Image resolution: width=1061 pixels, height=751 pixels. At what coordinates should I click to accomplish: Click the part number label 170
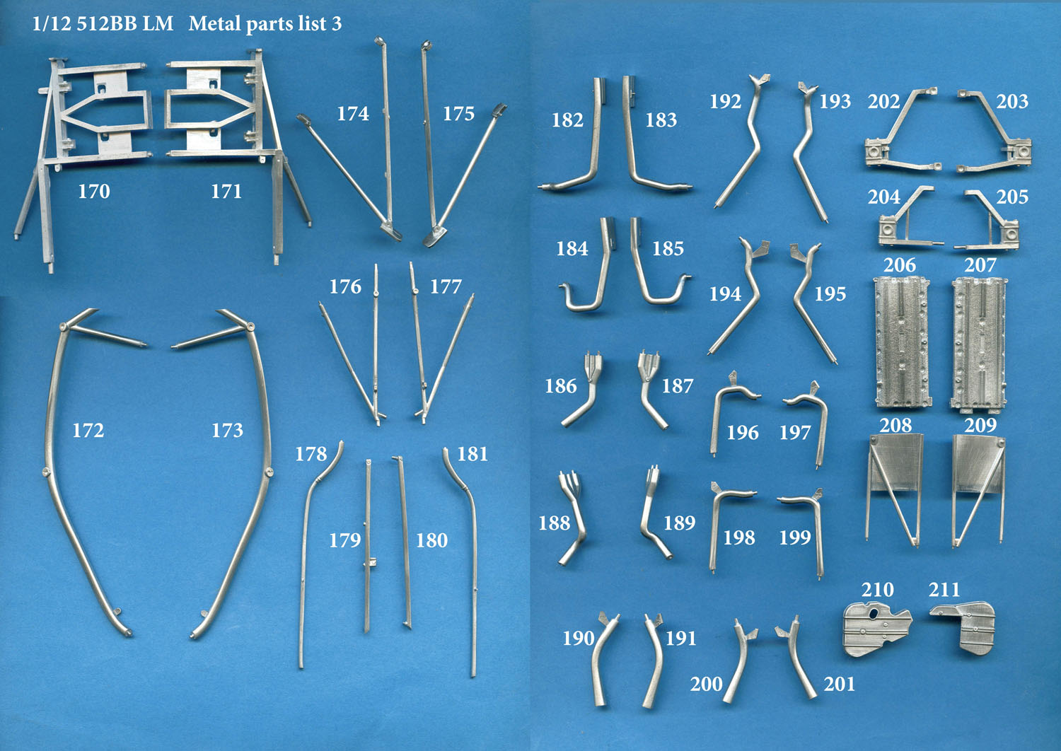[94, 192]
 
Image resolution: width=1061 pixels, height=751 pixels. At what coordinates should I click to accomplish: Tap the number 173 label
[227, 431]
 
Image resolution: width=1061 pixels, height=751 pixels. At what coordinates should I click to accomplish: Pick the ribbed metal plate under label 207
[978, 344]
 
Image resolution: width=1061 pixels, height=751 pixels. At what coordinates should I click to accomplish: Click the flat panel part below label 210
[877, 629]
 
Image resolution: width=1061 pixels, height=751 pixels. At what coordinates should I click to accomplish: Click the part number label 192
[725, 102]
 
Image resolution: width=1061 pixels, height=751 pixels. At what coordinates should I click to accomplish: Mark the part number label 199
[795, 537]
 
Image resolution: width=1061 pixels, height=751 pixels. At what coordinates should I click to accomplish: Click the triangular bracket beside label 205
[988, 220]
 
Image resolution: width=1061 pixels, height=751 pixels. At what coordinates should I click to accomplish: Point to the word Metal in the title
[215, 23]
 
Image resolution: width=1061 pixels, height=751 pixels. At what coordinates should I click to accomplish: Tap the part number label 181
[472, 455]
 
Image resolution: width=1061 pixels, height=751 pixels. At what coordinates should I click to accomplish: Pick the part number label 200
[706, 685]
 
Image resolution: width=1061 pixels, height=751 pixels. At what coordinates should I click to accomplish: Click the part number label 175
[458, 114]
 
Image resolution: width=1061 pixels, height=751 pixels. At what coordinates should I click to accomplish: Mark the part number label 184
[572, 249]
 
